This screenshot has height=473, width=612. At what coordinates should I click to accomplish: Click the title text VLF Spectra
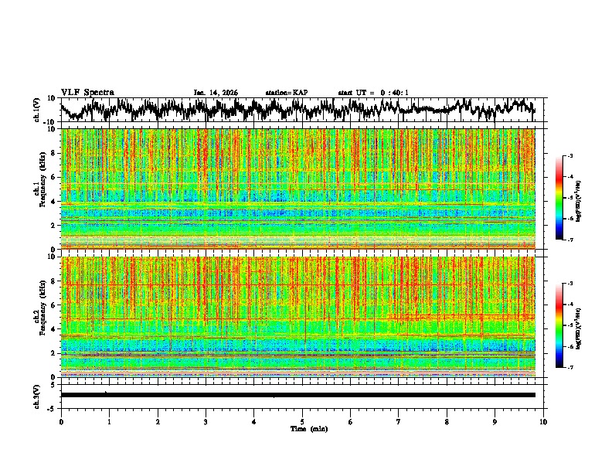point(87,92)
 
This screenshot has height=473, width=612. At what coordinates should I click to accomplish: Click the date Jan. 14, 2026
point(216,93)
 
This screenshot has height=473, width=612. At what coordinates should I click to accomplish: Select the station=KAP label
point(286,93)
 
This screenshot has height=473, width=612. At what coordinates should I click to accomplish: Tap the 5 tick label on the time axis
point(303,421)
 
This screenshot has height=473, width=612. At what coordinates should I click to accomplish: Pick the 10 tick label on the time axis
point(543,421)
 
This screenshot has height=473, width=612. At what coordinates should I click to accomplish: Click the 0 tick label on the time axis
point(61,421)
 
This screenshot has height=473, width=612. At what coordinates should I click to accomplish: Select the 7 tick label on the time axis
point(399,421)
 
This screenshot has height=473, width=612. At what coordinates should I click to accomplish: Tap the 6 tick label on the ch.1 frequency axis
point(55,177)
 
